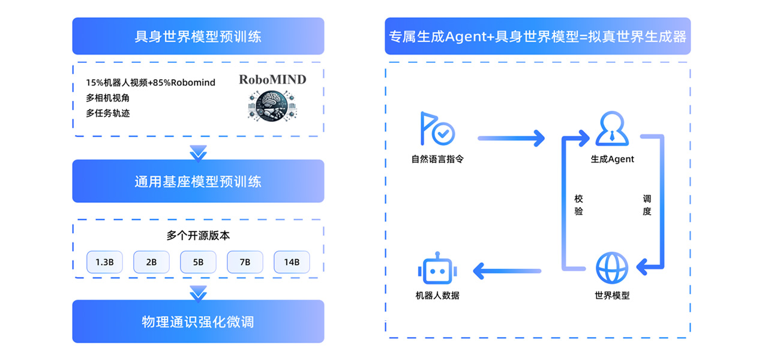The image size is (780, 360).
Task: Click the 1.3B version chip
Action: pyautogui.click(x=104, y=262)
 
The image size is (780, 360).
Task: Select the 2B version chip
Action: pyautogui.click(x=151, y=262)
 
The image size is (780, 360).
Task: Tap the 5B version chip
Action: pyautogui.click(x=198, y=262)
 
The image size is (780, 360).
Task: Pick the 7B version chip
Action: pyautogui.click(x=245, y=262)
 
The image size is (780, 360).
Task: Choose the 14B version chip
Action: pyautogui.click(x=292, y=262)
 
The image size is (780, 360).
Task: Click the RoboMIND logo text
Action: pyautogui.click(x=272, y=79)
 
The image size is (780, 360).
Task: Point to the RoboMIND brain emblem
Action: pyautogui.click(x=273, y=104)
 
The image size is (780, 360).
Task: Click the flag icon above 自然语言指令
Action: pyautogui.click(x=437, y=128)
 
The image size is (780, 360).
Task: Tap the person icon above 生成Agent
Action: pyautogui.click(x=612, y=128)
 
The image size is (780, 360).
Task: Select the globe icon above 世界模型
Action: pyautogui.click(x=612, y=268)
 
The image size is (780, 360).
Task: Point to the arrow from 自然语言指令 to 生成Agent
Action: pyautogui.click(x=511, y=139)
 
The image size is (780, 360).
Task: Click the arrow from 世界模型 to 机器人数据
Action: pyautogui.click(x=508, y=271)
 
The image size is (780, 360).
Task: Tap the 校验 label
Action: pyautogui.click(x=578, y=205)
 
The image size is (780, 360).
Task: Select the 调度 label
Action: pyautogui.click(x=647, y=205)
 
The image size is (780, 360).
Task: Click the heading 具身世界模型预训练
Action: pyautogui.click(x=198, y=37)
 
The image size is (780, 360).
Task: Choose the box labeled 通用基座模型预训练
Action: pyautogui.click(x=198, y=181)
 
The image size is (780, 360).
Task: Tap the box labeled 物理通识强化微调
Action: pyautogui.click(x=198, y=322)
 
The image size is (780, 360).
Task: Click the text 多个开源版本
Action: pyautogui.click(x=198, y=236)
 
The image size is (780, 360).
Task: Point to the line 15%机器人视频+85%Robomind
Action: pyautogui.click(x=151, y=82)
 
